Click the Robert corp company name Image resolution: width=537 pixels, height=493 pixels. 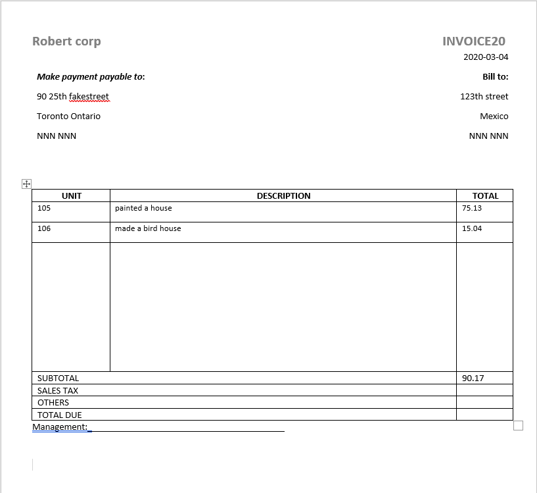[x=66, y=41]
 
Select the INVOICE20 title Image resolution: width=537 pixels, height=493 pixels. [x=474, y=41]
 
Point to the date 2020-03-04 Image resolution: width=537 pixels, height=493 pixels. [x=486, y=57]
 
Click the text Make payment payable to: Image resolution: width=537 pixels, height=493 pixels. [x=91, y=77]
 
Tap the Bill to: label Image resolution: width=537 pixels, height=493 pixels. [x=495, y=77]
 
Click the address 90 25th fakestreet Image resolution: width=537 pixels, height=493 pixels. [x=73, y=97]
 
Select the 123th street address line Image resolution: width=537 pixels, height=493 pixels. [x=484, y=97]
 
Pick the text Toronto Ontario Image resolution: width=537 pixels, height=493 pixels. [x=68, y=117]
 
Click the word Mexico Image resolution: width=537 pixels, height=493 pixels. [x=494, y=117]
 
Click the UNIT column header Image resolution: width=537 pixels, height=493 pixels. [x=72, y=195]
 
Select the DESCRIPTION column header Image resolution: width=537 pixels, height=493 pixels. [x=283, y=195]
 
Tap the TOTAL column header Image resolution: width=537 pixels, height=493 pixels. [x=485, y=195]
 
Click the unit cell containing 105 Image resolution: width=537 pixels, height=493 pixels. [x=44, y=208]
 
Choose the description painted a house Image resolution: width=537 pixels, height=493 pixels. [x=143, y=208]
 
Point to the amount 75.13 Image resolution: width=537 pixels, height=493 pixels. [x=472, y=208]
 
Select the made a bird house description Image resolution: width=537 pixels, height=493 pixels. [x=148, y=228]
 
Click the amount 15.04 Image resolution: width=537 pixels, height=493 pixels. [x=472, y=228]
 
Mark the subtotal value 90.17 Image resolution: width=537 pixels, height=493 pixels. [x=473, y=378]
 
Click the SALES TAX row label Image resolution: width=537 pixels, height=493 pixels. [x=58, y=391]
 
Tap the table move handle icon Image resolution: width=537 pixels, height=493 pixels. [x=27, y=184]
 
